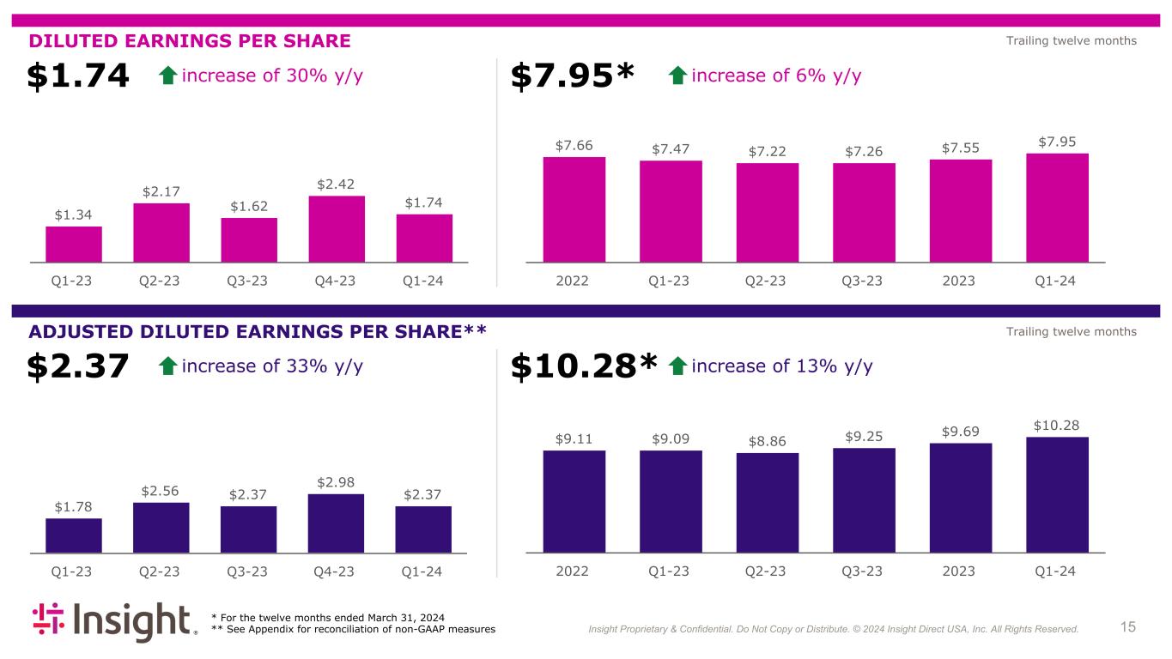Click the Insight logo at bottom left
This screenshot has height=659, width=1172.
point(114,622)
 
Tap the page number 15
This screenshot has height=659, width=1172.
point(1127,627)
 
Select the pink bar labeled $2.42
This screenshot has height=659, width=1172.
point(336,229)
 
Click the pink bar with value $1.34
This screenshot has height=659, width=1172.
point(74,245)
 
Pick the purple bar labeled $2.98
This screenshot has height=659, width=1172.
point(336,523)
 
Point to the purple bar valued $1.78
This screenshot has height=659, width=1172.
point(74,535)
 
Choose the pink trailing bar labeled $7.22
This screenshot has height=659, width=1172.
point(767,213)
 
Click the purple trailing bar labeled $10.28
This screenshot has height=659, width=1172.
point(1057,495)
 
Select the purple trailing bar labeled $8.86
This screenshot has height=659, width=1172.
point(767,503)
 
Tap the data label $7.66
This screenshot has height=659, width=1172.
point(574,146)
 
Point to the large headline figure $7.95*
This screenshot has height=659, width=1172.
point(572,76)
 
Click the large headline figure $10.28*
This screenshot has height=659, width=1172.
point(584,367)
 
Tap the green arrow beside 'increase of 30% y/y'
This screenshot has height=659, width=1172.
point(168,76)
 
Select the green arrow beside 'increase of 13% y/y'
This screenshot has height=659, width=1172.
point(678,367)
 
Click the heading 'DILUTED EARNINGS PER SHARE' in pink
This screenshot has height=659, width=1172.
point(190,41)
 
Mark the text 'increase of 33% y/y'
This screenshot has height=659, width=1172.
point(272,367)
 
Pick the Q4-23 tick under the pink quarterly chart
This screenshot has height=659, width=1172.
point(336,281)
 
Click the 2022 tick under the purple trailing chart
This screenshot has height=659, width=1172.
point(572,571)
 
